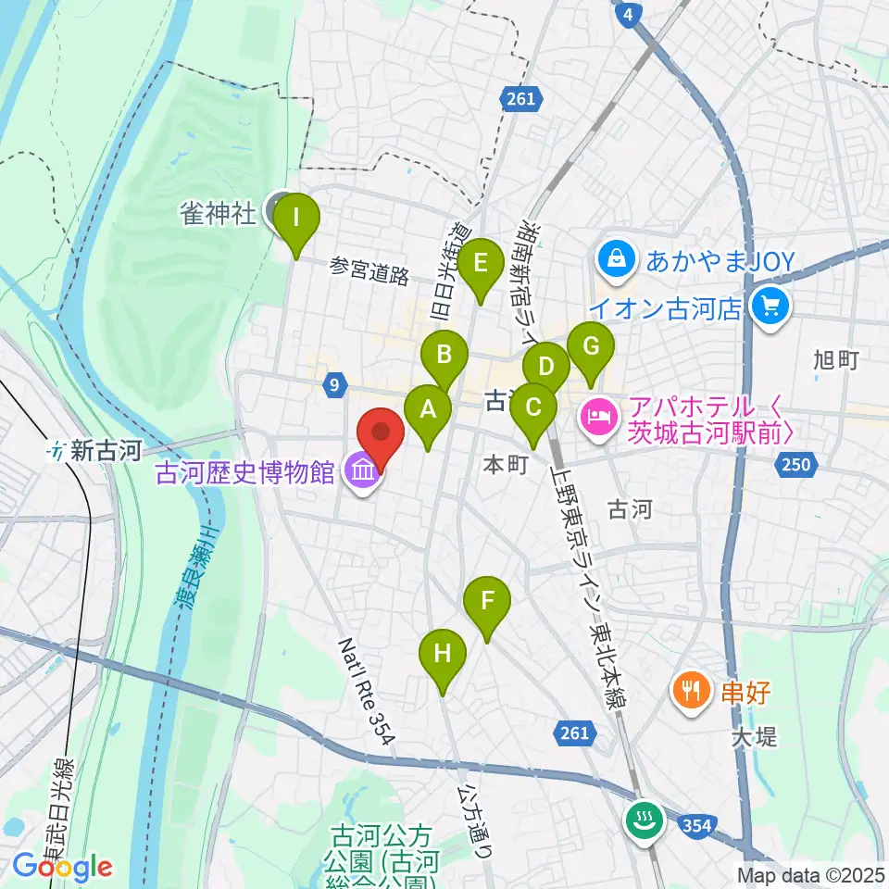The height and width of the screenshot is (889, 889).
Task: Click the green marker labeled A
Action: [428, 408]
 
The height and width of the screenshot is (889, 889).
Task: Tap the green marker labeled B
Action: [444, 355]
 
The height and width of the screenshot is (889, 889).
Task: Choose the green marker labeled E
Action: [480, 263]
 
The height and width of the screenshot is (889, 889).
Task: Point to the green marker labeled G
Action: [591, 347]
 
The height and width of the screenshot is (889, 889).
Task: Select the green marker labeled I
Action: [295, 219]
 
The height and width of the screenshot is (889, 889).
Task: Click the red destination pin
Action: [381, 433]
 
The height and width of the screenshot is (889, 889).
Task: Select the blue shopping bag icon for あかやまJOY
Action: [615, 260]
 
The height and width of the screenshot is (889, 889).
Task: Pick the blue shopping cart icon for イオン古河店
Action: [769, 306]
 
